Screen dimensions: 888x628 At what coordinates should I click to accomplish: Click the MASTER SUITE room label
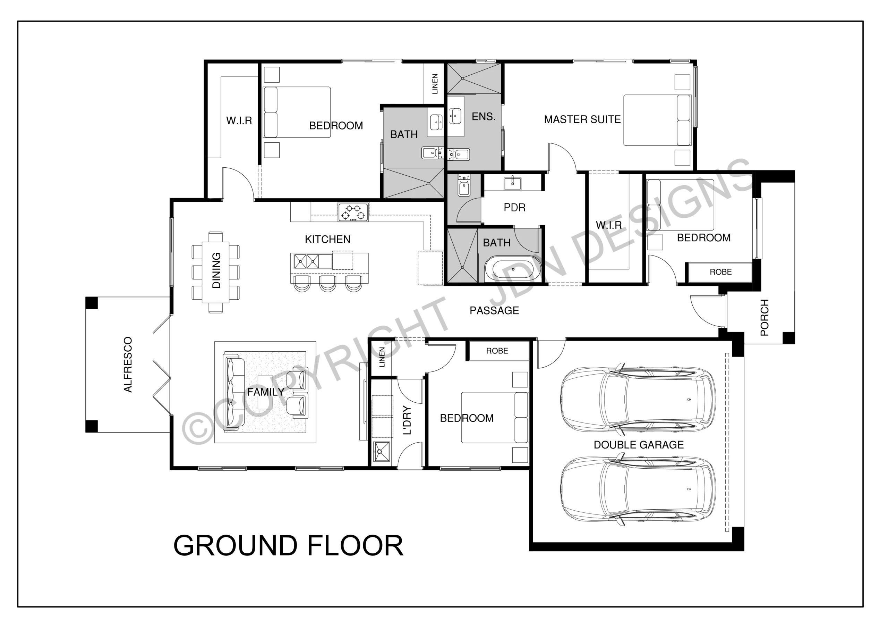(x=582, y=119)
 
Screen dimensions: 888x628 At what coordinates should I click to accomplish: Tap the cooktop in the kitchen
(x=353, y=212)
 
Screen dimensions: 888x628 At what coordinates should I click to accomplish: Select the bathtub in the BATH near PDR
(x=513, y=268)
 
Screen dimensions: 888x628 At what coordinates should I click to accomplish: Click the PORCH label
(x=765, y=318)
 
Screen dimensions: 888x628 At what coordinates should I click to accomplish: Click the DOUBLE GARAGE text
(x=639, y=444)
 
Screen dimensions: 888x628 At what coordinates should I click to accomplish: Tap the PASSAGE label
(x=494, y=310)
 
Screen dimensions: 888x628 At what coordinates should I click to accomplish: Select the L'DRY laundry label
(x=407, y=420)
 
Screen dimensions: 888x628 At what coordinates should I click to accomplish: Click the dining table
(x=215, y=273)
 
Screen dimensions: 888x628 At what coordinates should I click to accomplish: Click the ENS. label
(x=484, y=117)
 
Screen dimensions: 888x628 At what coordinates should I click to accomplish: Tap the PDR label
(x=514, y=208)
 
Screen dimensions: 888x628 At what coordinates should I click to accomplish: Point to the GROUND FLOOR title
(x=289, y=546)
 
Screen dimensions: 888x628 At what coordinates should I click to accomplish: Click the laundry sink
(x=381, y=451)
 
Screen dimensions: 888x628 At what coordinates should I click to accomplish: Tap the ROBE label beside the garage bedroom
(x=497, y=351)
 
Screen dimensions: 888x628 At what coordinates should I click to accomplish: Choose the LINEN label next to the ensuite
(x=435, y=84)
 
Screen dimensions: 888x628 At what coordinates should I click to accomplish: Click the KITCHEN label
(x=327, y=239)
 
